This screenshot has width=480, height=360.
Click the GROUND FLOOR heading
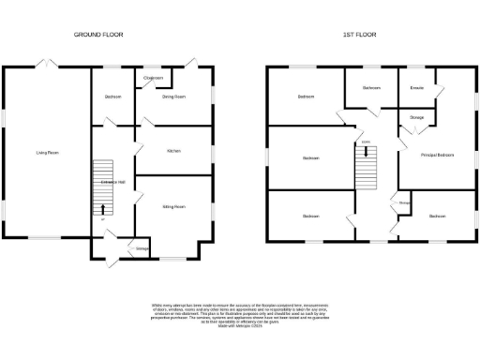point(98,35)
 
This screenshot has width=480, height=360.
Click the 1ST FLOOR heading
point(360,35)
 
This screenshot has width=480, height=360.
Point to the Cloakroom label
point(154,78)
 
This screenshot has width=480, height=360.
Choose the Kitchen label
point(173,150)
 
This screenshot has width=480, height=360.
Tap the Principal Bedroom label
point(437,154)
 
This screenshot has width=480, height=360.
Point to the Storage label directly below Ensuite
point(416,117)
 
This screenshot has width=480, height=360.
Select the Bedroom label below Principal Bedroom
point(437,216)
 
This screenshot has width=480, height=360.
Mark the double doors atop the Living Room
point(44,64)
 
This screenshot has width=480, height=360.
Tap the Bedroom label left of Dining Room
point(112,97)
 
